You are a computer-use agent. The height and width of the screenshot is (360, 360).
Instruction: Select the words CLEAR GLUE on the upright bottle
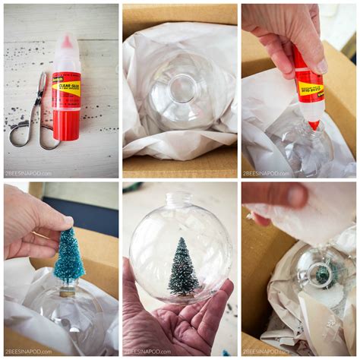[x=66, y=86]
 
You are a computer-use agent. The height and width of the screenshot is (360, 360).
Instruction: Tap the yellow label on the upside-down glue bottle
[x=309, y=90]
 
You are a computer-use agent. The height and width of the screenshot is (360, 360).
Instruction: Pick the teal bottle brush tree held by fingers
[x=68, y=258]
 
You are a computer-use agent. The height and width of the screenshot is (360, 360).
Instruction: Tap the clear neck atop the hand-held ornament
[x=180, y=199]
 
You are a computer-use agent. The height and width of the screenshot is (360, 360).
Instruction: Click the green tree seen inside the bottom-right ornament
[x=322, y=273]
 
